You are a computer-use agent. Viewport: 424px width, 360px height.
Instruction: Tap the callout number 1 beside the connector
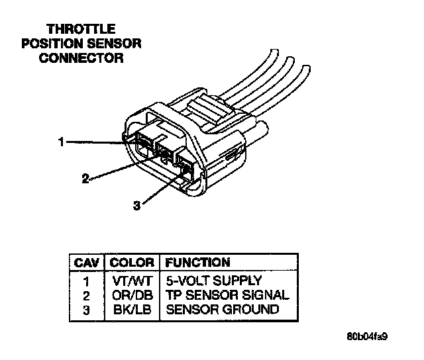point(60,141)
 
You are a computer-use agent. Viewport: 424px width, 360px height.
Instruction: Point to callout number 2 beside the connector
point(85,178)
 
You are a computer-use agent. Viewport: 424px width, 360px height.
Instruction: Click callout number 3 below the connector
point(136,206)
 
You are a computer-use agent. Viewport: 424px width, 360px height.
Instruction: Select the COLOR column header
point(131,263)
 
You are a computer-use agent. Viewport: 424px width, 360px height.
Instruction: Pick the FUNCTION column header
point(197,263)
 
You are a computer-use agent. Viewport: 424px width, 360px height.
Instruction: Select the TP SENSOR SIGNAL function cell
point(227,294)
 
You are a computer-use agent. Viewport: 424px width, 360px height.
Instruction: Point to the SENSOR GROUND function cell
point(222,309)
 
